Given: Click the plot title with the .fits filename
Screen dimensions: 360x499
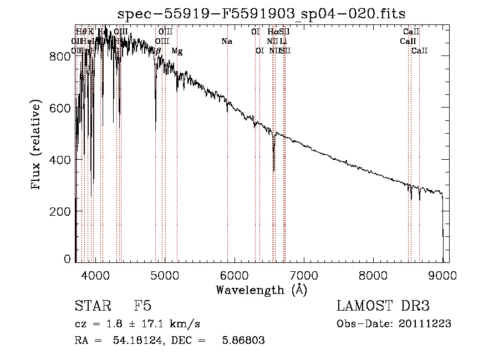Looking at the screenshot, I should (262, 14).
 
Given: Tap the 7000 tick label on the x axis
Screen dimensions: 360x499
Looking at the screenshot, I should (304, 275).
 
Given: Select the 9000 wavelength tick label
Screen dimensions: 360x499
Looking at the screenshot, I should (442, 275).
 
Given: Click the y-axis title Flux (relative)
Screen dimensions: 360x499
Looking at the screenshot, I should (37, 145).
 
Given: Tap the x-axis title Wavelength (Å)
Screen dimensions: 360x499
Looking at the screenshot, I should (261, 290).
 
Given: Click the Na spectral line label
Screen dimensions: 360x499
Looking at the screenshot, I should (226, 41).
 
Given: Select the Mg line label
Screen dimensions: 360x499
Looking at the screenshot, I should (177, 51).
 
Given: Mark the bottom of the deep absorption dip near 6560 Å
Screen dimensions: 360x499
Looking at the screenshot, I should (273, 171).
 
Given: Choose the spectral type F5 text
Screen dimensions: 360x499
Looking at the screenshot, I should (142, 306).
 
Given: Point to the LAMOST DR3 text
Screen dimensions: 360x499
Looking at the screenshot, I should (383, 306).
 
